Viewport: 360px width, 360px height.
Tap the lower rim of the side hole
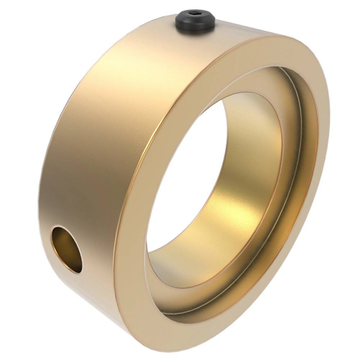pyautogui.click(x=72, y=273)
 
